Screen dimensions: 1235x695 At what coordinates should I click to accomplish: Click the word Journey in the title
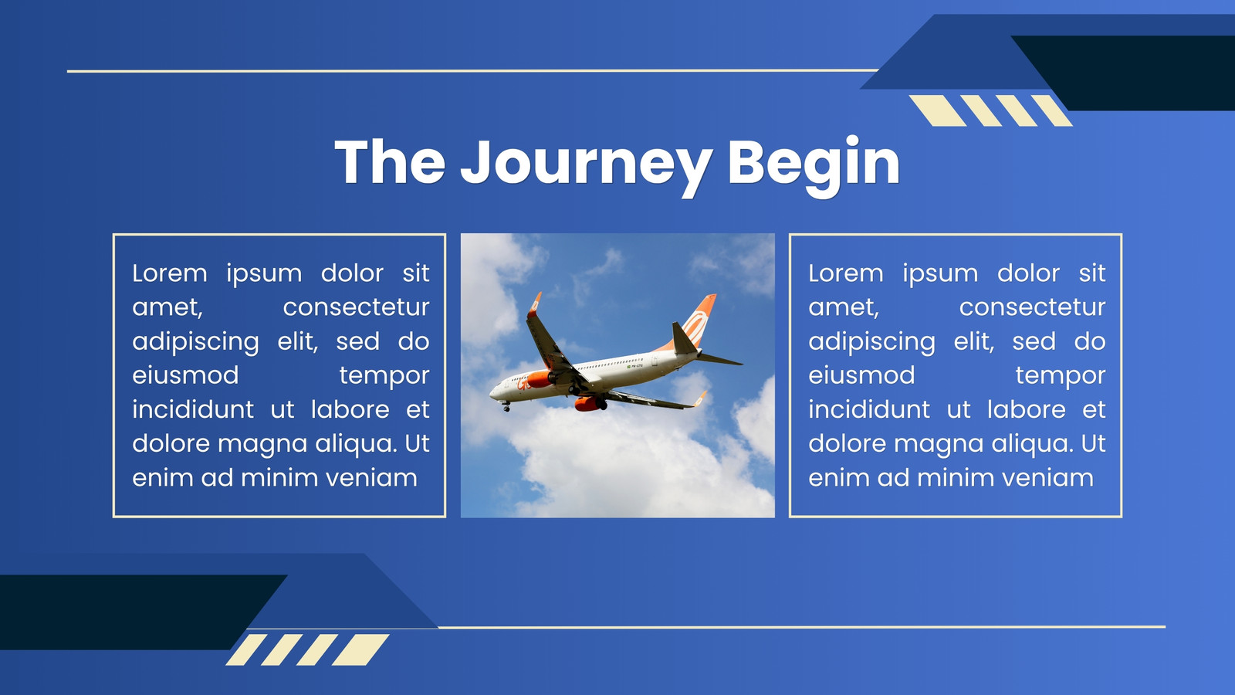586,164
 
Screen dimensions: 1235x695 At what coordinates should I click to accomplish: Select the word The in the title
390,161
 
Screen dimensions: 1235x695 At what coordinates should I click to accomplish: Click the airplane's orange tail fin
695,324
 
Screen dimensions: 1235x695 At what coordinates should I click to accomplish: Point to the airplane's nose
492,393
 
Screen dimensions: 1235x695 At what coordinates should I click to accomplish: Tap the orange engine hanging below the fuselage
589,404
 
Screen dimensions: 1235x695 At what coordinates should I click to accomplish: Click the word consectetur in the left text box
356,307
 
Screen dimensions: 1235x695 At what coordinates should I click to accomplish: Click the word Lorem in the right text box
846,273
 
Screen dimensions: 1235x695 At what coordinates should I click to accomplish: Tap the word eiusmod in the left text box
185,375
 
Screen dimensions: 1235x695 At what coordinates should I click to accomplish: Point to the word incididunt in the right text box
869,410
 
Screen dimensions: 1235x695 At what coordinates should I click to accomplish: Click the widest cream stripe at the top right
938,110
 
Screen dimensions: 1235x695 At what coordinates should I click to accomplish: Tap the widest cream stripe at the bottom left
360,649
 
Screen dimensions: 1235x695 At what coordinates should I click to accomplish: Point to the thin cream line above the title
472,70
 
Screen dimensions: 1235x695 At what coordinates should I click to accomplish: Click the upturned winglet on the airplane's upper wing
534,304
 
